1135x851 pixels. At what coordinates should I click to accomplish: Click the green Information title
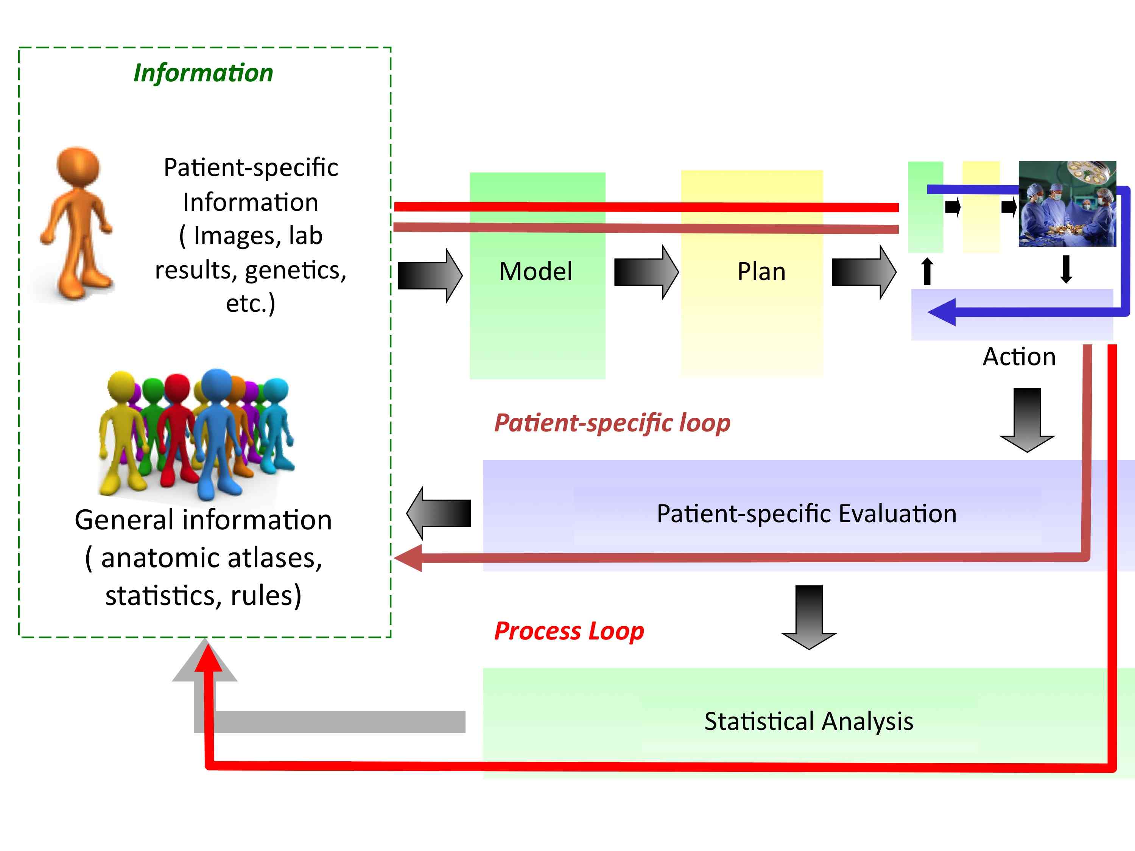(x=203, y=73)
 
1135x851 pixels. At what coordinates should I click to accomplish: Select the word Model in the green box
(x=535, y=271)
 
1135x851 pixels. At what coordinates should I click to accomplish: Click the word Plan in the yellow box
(x=761, y=271)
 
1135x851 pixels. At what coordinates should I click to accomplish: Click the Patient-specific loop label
(x=612, y=423)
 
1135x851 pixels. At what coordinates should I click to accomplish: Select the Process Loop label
(x=568, y=631)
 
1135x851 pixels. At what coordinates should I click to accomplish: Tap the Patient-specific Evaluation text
(x=806, y=513)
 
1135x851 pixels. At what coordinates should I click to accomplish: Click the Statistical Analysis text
(x=808, y=721)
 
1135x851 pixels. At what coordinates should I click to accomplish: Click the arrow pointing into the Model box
(x=430, y=276)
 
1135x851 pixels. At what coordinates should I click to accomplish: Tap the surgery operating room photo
(x=1067, y=204)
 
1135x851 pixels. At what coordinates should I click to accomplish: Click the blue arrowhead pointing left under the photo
(x=942, y=312)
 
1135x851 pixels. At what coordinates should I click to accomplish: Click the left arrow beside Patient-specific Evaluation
(x=438, y=513)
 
